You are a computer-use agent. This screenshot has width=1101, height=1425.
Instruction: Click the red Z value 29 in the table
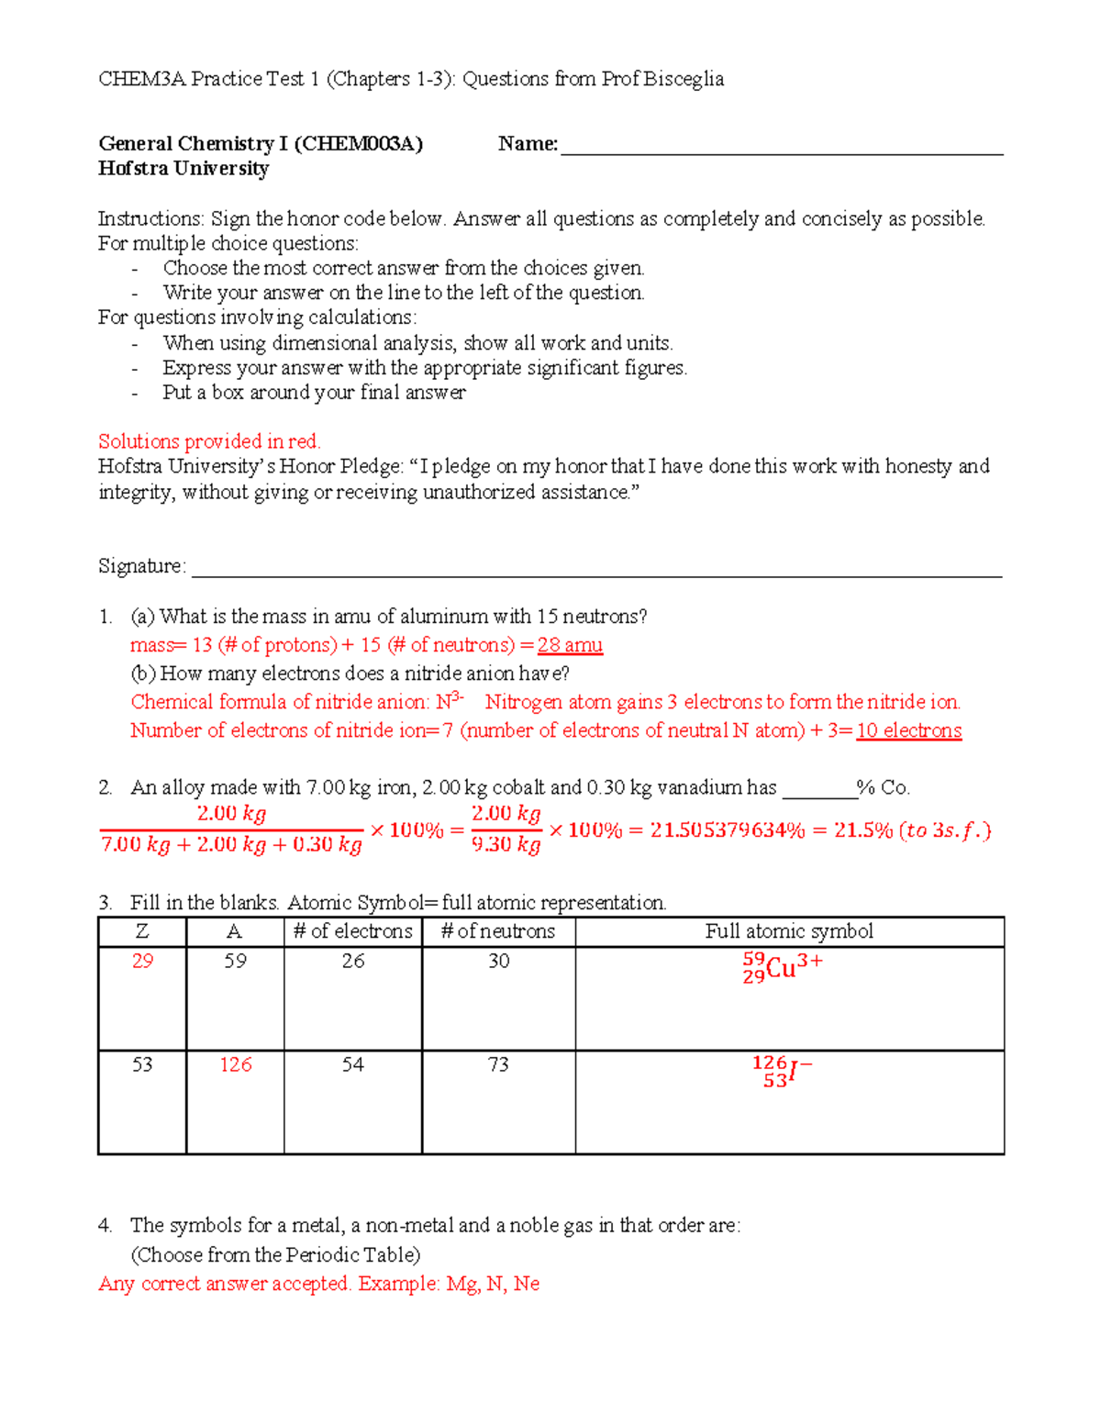click(142, 961)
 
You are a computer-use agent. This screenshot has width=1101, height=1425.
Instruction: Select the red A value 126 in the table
click(235, 1064)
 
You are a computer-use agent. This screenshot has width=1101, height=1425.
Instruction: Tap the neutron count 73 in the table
click(498, 1064)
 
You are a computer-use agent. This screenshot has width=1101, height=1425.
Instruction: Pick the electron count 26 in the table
click(353, 961)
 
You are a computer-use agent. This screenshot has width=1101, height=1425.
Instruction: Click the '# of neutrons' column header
click(498, 931)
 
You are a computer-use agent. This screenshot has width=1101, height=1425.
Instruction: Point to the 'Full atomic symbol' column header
click(789, 931)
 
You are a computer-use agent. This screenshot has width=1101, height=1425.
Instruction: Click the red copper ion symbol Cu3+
click(783, 967)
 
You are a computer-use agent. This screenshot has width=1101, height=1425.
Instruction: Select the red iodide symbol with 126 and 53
click(781, 1071)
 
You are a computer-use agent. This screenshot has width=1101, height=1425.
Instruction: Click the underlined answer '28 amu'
click(570, 645)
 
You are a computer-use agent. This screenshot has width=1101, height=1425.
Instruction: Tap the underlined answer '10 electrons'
click(908, 730)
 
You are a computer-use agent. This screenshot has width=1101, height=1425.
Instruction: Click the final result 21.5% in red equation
click(862, 830)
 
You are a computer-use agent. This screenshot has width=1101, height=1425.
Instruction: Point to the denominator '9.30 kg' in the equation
click(506, 844)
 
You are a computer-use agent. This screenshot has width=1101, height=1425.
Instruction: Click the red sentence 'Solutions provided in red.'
click(209, 441)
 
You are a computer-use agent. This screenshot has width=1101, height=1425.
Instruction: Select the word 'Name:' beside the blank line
click(528, 144)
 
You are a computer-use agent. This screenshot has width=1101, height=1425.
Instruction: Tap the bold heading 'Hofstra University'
click(183, 169)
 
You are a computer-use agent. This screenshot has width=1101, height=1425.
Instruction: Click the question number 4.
click(105, 1225)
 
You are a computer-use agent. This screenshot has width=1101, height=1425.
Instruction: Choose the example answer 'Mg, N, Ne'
click(493, 1284)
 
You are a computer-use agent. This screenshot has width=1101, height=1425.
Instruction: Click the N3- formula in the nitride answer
click(450, 702)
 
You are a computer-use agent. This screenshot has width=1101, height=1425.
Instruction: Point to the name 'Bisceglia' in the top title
click(684, 79)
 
